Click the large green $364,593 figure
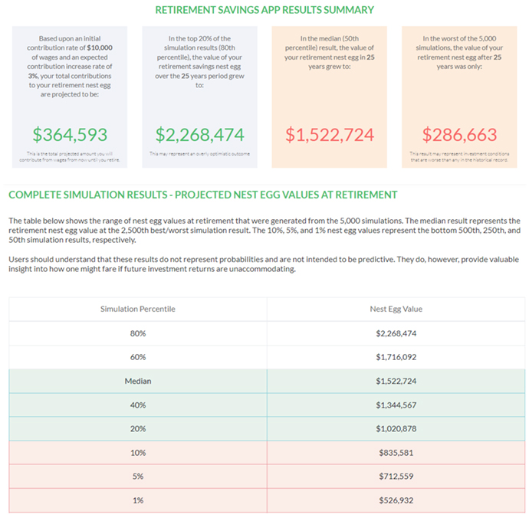click(x=70, y=135)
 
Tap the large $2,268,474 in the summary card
click(x=199, y=135)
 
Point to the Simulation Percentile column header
click(x=138, y=309)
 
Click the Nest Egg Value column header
click(x=396, y=309)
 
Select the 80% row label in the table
click(x=138, y=333)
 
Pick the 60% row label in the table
click(x=138, y=357)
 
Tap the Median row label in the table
click(x=138, y=381)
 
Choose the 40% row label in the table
click(x=138, y=405)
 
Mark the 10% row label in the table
click(x=138, y=452)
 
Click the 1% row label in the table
click(x=138, y=500)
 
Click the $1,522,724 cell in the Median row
click(x=396, y=381)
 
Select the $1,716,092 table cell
click(x=396, y=357)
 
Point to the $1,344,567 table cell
click(x=396, y=405)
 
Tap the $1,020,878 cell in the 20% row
click(x=396, y=428)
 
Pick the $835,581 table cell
click(x=396, y=452)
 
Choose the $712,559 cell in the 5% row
click(x=396, y=476)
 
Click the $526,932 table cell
click(x=396, y=500)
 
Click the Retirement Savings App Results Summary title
click(x=264, y=10)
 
